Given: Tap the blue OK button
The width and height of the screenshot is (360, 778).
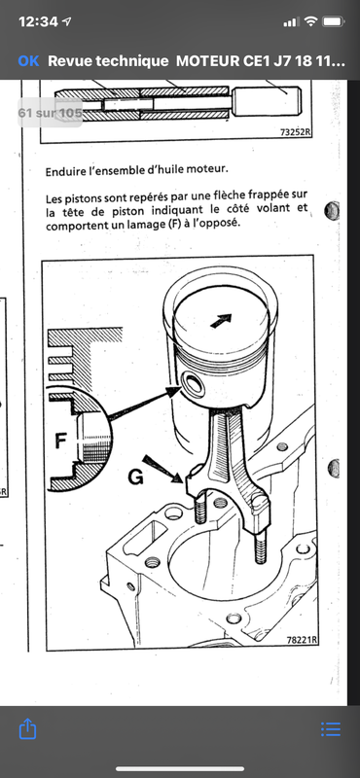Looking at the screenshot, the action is point(28,61).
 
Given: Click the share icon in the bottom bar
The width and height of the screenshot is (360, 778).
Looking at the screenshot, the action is point(28,729).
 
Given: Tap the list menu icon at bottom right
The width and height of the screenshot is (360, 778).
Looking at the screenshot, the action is point(331,728).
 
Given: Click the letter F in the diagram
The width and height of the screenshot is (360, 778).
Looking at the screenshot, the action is point(60,442).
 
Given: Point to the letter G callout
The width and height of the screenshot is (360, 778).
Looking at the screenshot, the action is point(135,477).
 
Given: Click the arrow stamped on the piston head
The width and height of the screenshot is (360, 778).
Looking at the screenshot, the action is point(221,321).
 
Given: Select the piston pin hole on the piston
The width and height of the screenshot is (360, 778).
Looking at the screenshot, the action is point(191,383).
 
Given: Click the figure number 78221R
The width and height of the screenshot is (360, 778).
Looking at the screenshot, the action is point(303,640).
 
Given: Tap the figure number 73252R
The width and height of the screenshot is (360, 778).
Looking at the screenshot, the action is point(296,132).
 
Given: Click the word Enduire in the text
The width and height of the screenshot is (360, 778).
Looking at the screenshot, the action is point(63,172).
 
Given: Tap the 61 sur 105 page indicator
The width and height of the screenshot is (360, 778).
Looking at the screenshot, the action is point(51,113).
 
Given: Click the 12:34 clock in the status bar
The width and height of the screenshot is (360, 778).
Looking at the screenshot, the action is point(39,21).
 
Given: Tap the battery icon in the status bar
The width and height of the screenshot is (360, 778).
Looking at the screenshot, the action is point(334,21).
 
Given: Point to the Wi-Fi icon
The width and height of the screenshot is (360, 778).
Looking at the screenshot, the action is point(310,21).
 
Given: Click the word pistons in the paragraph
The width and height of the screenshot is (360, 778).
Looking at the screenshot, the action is point(81,199).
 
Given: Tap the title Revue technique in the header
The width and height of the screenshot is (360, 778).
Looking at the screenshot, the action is point(108,61).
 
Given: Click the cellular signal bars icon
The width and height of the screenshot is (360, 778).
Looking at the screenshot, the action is point(291,22).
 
